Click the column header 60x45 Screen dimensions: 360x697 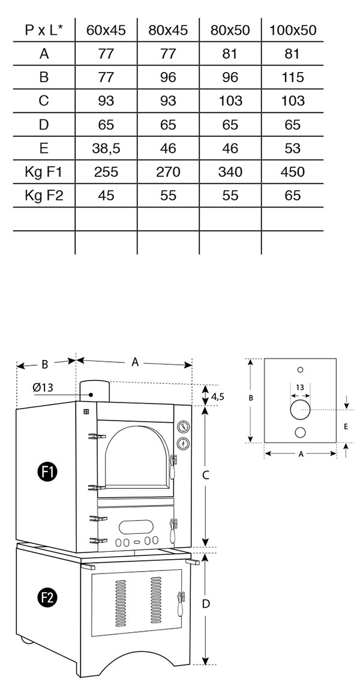coord(106,30)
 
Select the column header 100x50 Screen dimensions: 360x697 coord(292,30)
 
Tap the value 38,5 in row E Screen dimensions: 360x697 coord(106,148)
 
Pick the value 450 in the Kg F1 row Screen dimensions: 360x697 coord(292,172)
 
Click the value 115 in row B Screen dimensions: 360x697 coord(292,77)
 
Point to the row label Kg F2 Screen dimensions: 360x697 coord(44,195)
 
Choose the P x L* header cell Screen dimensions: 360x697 coord(44,30)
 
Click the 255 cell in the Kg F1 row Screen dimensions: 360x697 coord(106,172)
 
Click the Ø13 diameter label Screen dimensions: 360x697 coord(43,387)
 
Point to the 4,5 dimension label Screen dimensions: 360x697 coord(217,396)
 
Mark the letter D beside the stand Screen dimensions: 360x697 coord(206,603)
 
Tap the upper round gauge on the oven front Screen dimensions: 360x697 coord(182,426)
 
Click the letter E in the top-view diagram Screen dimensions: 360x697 coord(346,426)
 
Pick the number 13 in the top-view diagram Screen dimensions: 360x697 coord(300,387)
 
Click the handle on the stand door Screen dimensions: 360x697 coord(181,603)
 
